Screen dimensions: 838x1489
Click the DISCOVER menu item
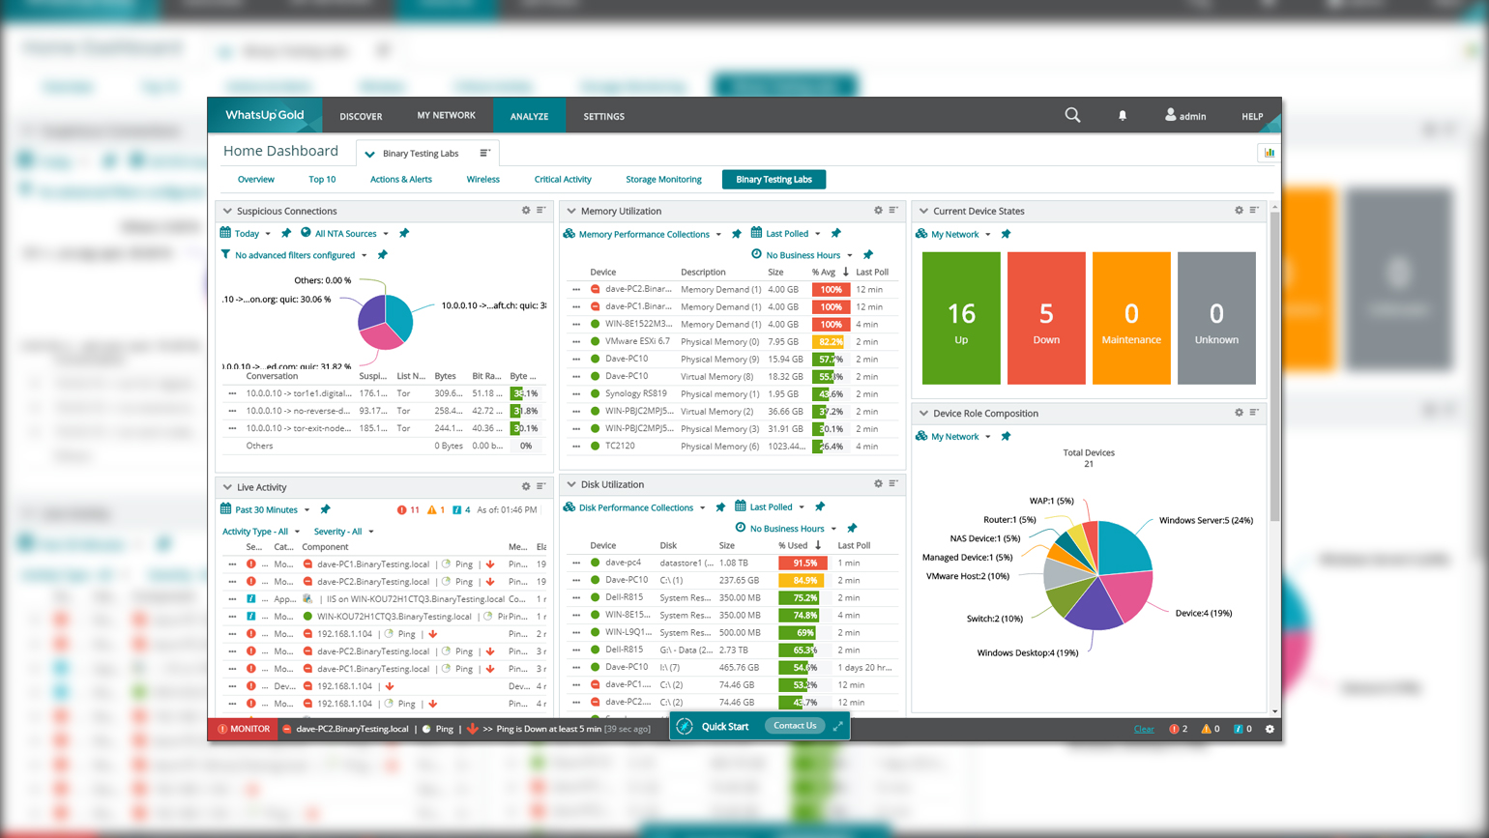click(361, 116)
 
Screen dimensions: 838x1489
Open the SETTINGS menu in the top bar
click(603, 116)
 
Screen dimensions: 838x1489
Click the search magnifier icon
click(1072, 115)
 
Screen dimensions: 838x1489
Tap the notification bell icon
click(1123, 116)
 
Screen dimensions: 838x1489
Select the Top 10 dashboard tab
click(322, 179)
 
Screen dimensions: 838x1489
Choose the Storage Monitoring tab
click(663, 179)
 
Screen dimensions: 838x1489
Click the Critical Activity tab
click(563, 179)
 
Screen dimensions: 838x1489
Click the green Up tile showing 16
click(961, 318)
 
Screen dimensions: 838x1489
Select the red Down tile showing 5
click(1046, 318)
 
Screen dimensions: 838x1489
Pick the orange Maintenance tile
click(1131, 318)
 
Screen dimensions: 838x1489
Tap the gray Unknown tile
click(1216, 318)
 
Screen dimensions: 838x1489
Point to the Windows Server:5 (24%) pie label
click(1206, 520)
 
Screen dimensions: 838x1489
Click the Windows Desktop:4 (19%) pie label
click(1027, 652)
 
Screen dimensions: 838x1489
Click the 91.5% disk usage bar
click(803, 563)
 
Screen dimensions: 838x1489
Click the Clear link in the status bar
click(1144, 729)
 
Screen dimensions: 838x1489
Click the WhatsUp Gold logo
click(264, 115)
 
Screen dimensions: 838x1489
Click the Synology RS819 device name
click(635, 393)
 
